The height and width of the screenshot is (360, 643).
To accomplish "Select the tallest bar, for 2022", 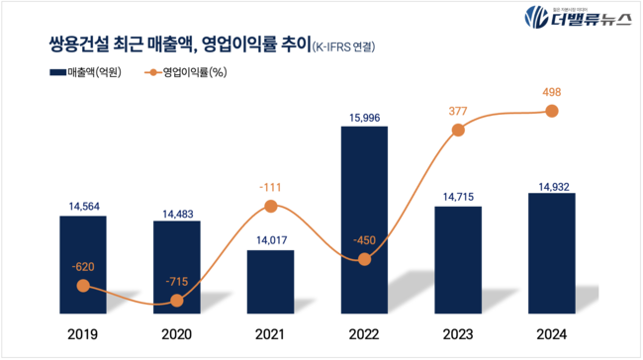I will pos(364,218).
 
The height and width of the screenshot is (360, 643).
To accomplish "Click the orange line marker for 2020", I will pos(177,302).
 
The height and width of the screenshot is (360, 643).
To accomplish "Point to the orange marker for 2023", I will pos(458,132).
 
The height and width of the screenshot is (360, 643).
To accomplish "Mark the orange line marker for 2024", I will pos(551,111).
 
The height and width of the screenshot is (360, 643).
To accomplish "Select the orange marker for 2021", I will pos(270,207).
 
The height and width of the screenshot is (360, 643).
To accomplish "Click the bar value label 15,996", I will pos(364,119).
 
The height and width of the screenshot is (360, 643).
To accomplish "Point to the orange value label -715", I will pos(177,282).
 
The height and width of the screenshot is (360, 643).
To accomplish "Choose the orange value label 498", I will pos(551,91).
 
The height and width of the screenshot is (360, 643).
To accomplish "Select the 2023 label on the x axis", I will pos(458,333).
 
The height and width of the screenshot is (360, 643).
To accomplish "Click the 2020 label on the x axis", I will pos(177,333).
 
